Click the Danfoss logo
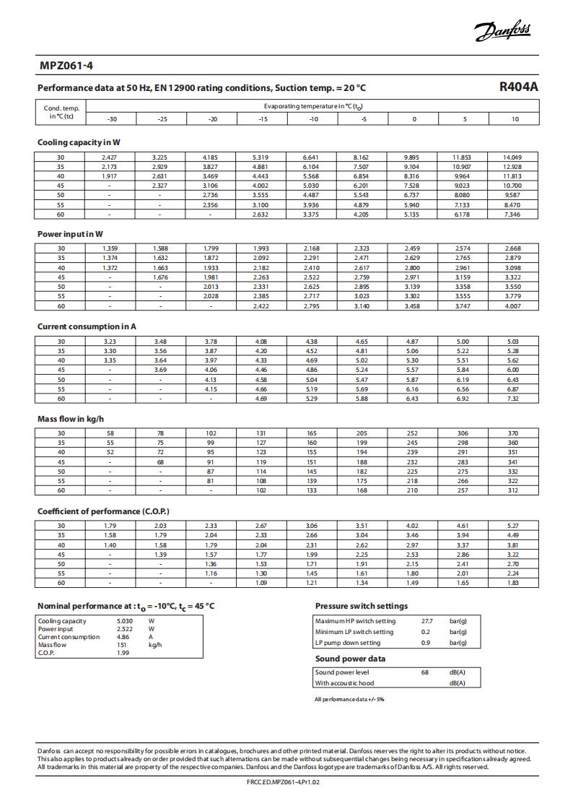[x=503, y=31]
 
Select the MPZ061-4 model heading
[x=66, y=66]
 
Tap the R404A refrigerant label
[x=519, y=87]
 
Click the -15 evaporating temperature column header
[x=263, y=119]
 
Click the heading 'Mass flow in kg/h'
[x=71, y=419]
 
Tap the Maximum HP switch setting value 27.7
[x=427, y=621]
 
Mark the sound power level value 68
[x=426, y=672]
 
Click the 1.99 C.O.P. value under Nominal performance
[x=123, y=653]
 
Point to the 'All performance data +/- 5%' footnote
[x=349, y=699]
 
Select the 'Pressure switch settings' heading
[x=362, y=606]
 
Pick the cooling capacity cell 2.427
[x=109, y=157]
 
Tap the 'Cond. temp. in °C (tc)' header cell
[x=61, y=112]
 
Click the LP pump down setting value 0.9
[x=426, y=643]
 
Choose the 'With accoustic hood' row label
[x=344, y=683]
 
